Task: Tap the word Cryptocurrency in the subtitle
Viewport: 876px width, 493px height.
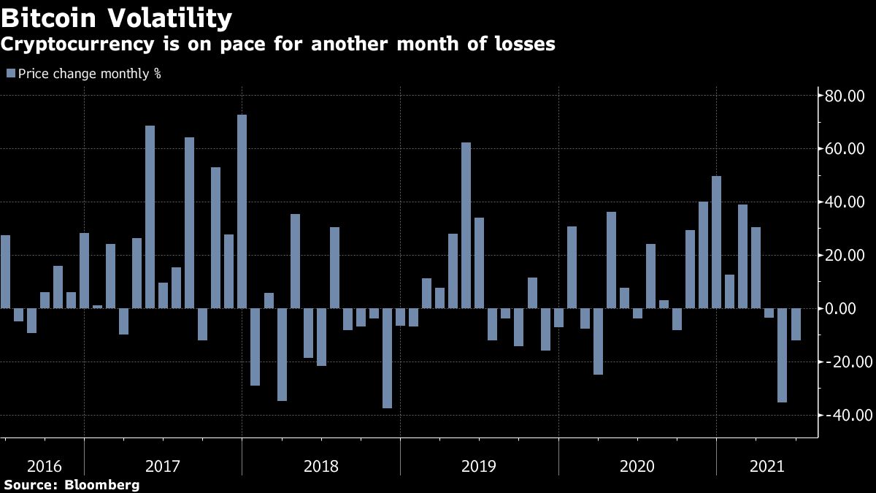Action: point(76,45)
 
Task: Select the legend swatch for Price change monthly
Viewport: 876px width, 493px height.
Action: point(11,73)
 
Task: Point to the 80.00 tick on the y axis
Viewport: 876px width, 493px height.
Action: point(845,96)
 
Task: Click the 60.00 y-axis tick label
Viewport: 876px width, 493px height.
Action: point(845,149)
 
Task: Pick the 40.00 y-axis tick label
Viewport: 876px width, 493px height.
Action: point(845,202)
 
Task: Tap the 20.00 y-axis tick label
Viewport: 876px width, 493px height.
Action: point(845,256)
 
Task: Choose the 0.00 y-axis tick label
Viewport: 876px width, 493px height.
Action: point(848,309)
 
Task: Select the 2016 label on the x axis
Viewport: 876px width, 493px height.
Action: point(44,466)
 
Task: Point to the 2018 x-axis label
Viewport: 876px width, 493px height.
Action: point(321,466)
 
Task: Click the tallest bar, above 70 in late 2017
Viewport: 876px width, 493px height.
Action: point(242,212)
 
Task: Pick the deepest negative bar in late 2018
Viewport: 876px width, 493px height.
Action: point(387,358)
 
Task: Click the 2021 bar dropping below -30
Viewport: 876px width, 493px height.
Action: point(782,355)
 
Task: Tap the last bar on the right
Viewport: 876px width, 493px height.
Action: point(796,324)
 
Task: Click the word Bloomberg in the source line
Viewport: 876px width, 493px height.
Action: point(102,484)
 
